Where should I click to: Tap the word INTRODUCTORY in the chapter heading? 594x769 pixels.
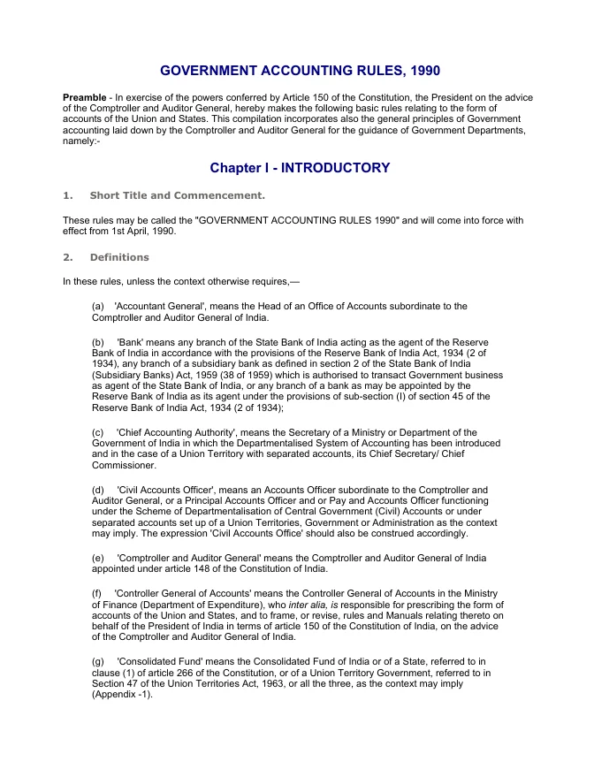tap(336, 168)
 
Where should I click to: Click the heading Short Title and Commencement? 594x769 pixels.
tap(177, 195)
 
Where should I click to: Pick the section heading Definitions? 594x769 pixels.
tap(119, 257)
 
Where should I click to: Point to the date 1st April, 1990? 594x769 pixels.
tap(139, 232)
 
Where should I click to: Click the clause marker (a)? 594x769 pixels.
tap(98, 306)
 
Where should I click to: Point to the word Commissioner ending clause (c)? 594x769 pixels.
tap(124, 465)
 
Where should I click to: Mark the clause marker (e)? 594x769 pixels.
tap(98, 558)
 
